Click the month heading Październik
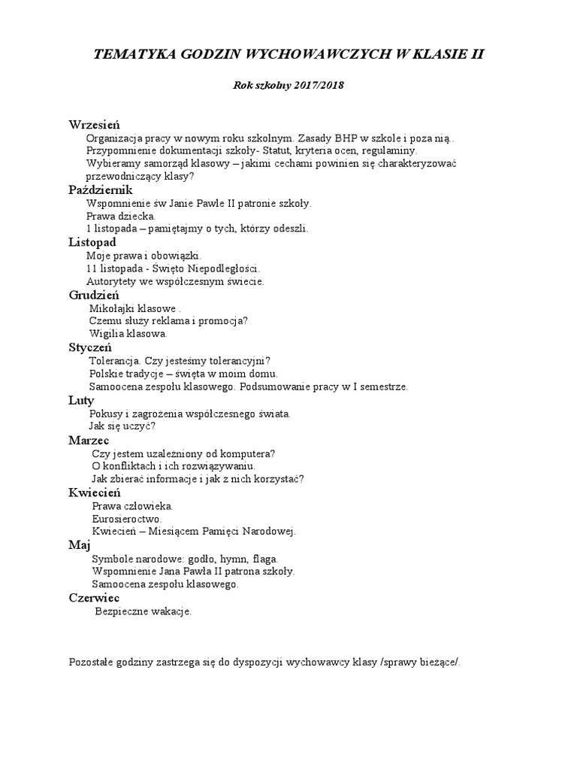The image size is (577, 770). coord(101,190)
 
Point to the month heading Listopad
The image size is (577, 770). coord(92,242)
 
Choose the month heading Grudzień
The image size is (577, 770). coord(94,295)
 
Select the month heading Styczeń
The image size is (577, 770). coord(90,347)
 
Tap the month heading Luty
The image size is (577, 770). coord(81,400)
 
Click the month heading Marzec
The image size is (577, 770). coord(89,440)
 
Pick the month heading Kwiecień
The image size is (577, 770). coord(95,493)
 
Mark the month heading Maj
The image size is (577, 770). coord(79,545)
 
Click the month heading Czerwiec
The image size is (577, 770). coord(94,598)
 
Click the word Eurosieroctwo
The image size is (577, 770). coord(126,519)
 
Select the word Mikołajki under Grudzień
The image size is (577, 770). coord(110,308)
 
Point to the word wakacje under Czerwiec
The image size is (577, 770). coord(168,611)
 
